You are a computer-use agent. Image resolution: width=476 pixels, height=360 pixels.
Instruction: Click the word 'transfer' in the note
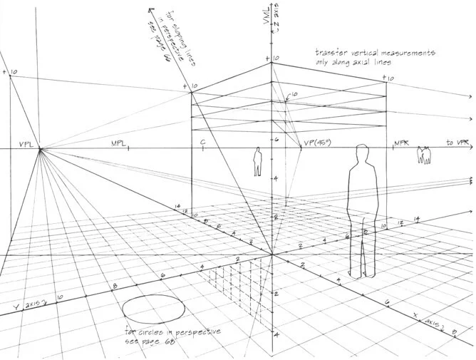coord(333,53)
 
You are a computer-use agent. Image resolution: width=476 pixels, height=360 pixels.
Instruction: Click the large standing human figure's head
coord(361,155)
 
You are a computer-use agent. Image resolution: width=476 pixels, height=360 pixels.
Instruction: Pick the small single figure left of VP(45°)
coord(258,162)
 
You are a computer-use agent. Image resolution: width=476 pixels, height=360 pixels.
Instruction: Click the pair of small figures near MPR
coord(425,155)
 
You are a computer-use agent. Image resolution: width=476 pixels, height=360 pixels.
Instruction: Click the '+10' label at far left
coord(9,73)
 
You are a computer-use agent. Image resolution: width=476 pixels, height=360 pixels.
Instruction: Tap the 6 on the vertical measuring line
coord(276,140)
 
